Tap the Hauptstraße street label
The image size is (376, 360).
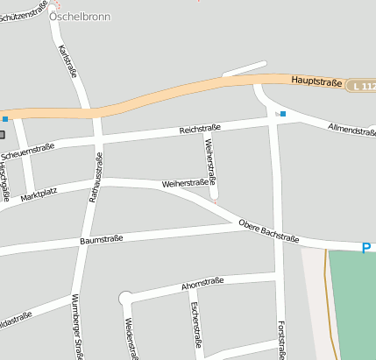click(x=316, y=81)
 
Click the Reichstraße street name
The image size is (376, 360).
click(x=200, y=128)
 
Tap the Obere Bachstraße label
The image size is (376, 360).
click(x=269, y=233)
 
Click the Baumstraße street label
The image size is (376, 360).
click(x=101, y=238)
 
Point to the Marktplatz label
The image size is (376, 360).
click(x=39, y=193)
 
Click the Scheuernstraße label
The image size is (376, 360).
click(x=28, y=152)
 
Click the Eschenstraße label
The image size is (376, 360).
click(x=195, y=328)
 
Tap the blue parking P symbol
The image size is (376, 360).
click(x=367, y=248)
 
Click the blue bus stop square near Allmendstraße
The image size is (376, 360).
click(x=283, y=114)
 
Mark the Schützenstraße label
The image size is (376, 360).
click(x=24, y=11)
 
